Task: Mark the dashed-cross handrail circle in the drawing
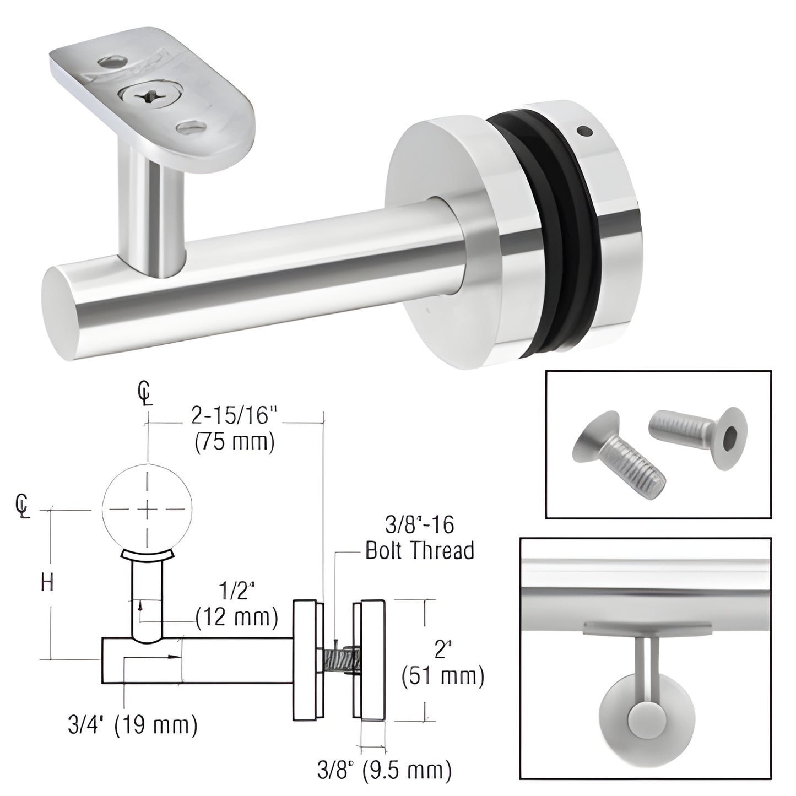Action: click(147, 510)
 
